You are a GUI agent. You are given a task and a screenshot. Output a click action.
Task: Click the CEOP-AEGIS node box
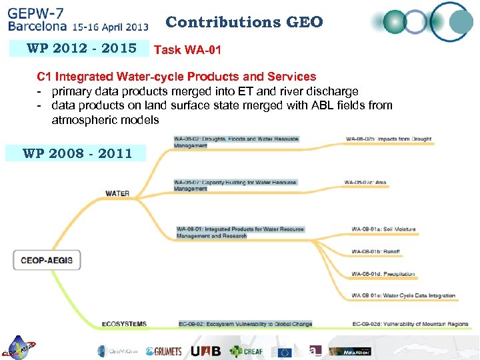[47, 259]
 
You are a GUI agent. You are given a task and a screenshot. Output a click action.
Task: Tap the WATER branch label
[117, 193]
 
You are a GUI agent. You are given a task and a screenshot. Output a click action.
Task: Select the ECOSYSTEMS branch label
[124, 324]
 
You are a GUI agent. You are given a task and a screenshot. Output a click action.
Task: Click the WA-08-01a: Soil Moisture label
[383, 229]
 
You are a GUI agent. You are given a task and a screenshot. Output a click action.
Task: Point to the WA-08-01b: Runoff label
[375, 251]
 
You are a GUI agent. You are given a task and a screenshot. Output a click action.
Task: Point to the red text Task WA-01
[187, 49]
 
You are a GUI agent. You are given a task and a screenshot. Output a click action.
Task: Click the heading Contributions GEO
[244, 22]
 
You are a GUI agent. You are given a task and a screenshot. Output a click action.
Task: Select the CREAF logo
[246, 351]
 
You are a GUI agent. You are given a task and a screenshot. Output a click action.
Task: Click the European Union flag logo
[286, 351]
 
